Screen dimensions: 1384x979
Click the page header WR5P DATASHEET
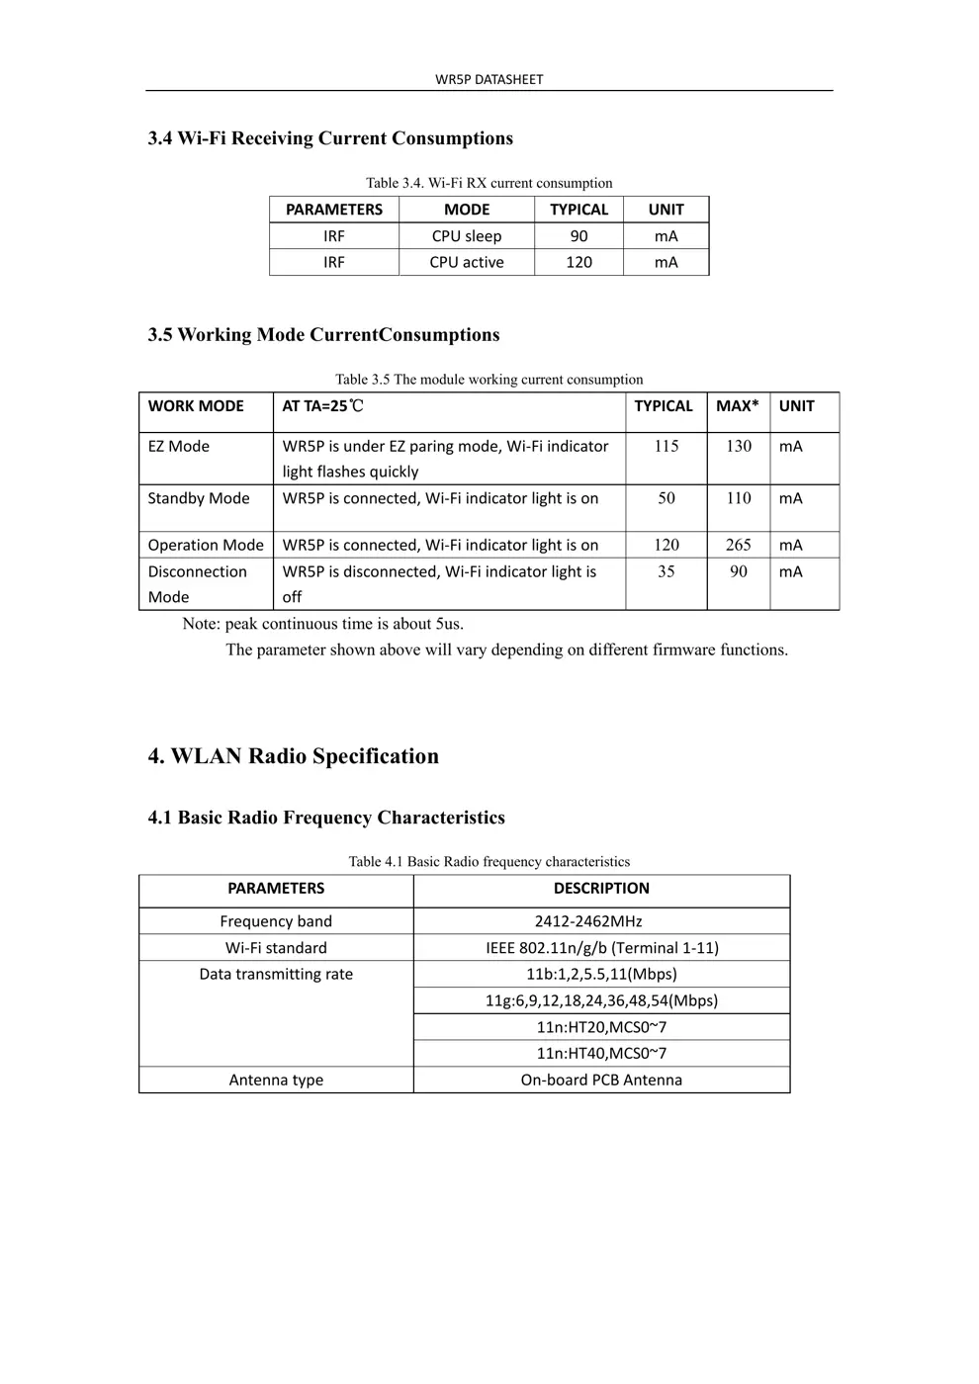point(489,79)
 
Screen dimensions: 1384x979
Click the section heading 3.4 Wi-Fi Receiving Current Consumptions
point(330,138)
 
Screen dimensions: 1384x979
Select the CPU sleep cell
point(466,236)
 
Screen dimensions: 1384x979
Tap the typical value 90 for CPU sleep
point(578,236)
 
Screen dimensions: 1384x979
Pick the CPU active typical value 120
point(578,262)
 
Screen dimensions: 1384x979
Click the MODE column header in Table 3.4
point(466,210)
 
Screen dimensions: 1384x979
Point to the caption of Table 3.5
point(489,380)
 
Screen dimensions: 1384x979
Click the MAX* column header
point(738,406)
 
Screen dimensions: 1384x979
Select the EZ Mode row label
point(179,447)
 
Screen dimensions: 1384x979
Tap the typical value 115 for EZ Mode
point(667,447)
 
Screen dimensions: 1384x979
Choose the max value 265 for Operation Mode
point(738,545)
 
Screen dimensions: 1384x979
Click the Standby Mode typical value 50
point(667,498)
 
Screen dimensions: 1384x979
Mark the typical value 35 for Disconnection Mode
point(667,571)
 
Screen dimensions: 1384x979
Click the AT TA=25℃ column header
point(322,406)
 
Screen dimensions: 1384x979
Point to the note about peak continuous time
point(322,624)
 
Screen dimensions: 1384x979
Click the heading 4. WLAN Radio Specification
point(293,756)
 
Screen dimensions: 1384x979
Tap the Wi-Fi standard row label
point(276,948)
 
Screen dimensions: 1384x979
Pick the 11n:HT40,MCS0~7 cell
point(601,1054)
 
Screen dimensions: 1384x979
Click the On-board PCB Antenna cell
point(601,1081)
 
